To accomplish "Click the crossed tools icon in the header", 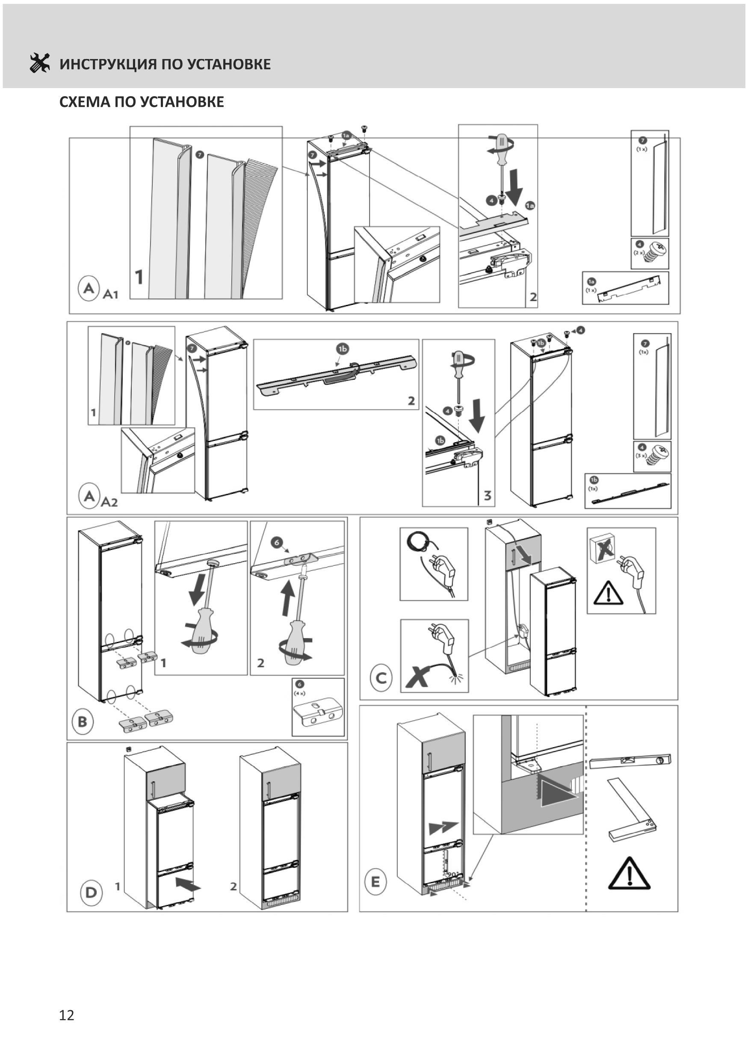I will (39, 63).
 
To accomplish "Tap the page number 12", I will (67, 1015).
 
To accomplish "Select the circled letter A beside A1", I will (89, 288).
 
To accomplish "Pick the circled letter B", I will (82, 721).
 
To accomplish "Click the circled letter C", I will (381, 678).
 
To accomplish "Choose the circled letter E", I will (375, 882).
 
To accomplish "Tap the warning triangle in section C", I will (609, 593).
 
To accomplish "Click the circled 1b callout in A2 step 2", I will (342, 349).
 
